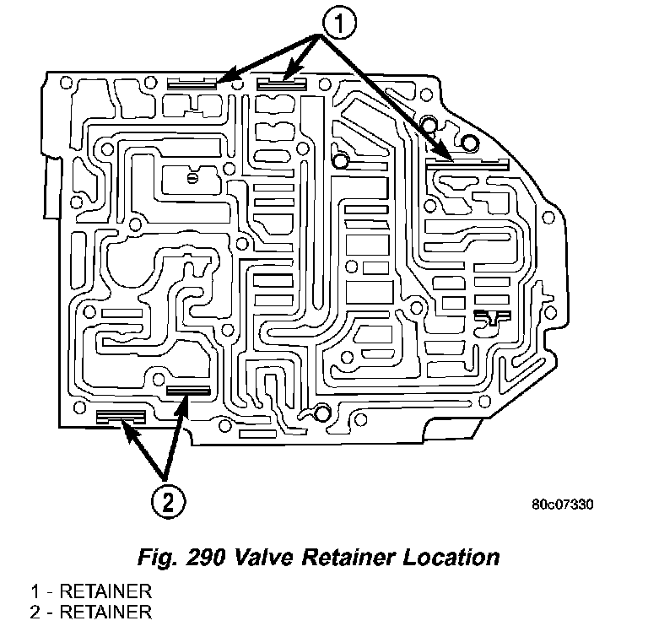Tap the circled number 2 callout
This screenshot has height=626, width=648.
click(167, 502)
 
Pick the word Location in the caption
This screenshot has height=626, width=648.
click(456, 558)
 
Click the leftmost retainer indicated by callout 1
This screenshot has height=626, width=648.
click(193, 84)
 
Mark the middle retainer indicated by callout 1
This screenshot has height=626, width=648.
click(281, 83)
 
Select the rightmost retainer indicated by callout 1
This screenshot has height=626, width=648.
click(467, 164)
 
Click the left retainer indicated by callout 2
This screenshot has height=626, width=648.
click(121, 416)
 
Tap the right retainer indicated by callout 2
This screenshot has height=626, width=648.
click(187, 390)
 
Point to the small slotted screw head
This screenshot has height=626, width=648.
click(193, 177)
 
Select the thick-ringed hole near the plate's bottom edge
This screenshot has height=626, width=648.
click(321, 413)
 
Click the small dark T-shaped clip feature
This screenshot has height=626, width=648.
click(491, 317)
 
